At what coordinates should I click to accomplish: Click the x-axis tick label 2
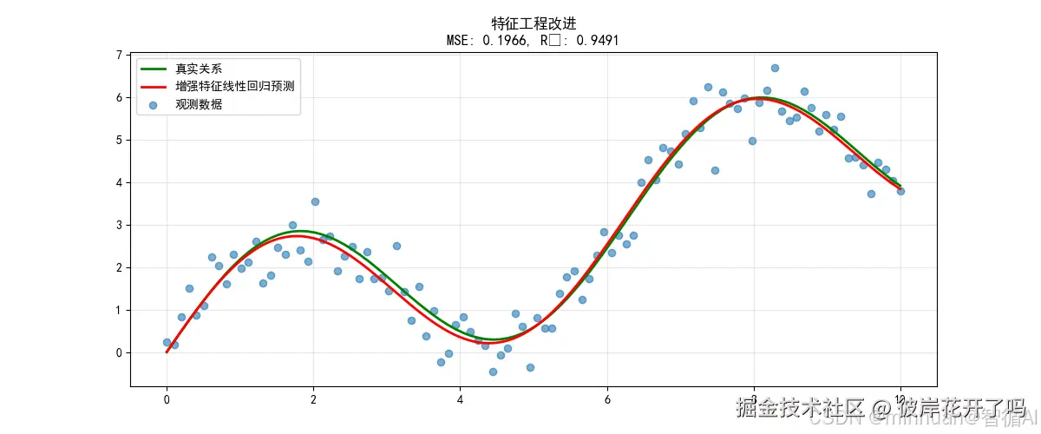(313, 400)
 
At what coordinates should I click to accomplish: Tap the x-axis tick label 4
(460, 400)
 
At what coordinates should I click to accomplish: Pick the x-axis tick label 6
(607, 400)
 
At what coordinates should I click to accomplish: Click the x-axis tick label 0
(167, 400)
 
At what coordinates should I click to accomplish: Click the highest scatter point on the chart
(775, 68)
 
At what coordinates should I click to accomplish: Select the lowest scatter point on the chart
(493, 372)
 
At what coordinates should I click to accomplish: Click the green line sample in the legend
(154, 68)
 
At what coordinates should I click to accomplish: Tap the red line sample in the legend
(154, 87)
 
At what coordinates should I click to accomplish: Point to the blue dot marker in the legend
(154, 105)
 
